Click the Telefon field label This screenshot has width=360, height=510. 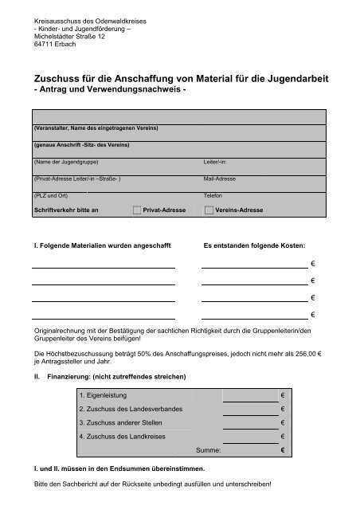[x=214, y=195]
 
